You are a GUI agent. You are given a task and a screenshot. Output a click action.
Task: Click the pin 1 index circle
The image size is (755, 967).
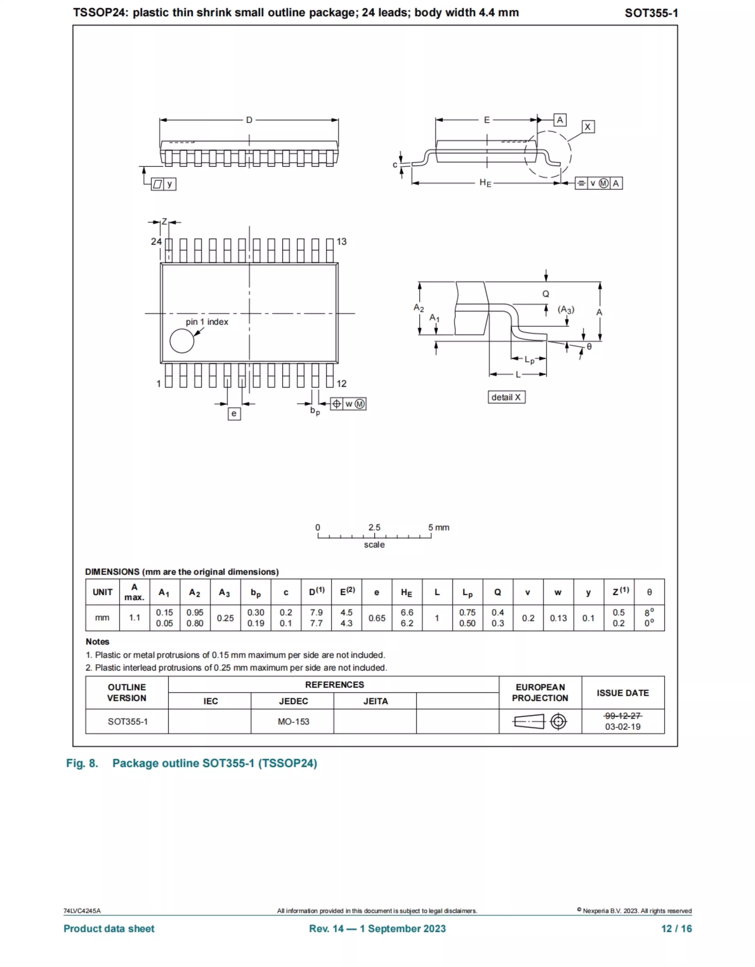181,341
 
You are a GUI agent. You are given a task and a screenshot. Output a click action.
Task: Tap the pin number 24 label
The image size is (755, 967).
156,242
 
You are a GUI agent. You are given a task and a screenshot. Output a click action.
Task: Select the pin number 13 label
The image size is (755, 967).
341,242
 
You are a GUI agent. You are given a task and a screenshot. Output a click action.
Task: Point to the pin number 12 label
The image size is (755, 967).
341,383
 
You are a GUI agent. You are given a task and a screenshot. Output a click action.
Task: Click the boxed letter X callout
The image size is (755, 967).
588,127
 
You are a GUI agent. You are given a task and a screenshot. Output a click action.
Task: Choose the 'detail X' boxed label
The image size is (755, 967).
506,397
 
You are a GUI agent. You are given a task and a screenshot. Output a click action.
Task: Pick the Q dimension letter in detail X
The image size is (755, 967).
546,294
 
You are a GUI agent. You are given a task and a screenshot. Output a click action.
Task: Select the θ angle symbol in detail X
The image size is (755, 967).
589,347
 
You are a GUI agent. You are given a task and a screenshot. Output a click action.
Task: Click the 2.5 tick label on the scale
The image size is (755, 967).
374,527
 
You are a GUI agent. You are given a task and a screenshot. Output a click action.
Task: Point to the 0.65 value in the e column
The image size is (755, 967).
377,618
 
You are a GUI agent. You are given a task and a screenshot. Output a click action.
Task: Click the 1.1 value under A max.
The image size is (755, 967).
135,618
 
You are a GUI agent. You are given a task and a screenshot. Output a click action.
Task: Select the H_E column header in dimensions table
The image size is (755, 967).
406,593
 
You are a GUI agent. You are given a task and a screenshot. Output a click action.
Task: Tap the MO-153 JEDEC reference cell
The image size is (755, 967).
293,722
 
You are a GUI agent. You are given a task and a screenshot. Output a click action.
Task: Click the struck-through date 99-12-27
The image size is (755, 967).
623,716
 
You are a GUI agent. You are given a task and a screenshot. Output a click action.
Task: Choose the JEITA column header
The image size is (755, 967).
375,701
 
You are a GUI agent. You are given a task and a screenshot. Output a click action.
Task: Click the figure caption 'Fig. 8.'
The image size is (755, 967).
82,763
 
